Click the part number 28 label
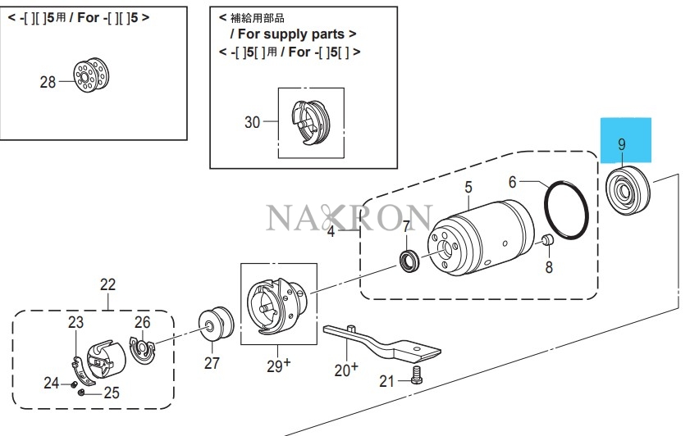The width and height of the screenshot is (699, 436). [x=48, y=81]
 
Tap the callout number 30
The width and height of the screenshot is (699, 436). [x=252, y=122]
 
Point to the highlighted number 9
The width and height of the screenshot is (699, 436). [x=622, y=144]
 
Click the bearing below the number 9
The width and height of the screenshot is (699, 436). [x=628, y=189]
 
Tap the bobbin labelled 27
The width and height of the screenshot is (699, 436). [x=217, y=325]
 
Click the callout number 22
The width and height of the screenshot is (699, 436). [x=108, y=285]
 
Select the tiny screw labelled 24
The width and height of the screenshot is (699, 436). [x=73, y=383]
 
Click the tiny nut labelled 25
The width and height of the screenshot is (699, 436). [x=83, y=392]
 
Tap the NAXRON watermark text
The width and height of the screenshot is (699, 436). [x=349, y=218]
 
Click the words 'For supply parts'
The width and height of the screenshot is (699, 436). [x=293, y=34]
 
